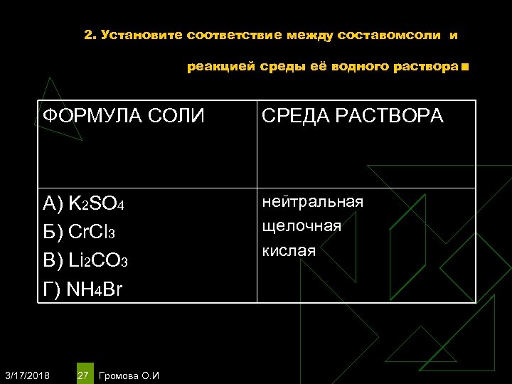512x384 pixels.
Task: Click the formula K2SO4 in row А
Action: (x=99, y=205)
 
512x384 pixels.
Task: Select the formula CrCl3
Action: (x=93, y=233)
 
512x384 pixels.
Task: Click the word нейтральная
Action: (x=313, y=202)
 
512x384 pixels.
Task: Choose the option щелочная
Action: (x=302, y=226)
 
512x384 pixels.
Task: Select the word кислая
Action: (x=289, y=250)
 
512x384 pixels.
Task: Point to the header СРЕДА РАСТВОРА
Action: (x=353, y=115)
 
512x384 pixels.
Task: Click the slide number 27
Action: (x=83, y=375)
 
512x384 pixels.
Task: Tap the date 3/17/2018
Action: (x=27, y=375)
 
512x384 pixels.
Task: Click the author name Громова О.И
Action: (x=130, y=375)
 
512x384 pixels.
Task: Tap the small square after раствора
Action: (x=465, y=68)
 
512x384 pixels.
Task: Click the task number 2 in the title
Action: (x=88, y=35)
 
